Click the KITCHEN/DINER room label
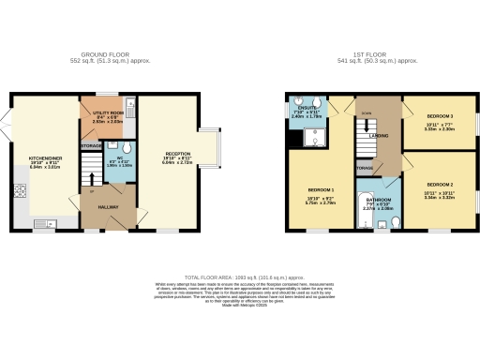(45, 158)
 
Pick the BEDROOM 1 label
(322, 188)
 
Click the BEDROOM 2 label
(439, 185)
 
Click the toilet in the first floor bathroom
(395, 222)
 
